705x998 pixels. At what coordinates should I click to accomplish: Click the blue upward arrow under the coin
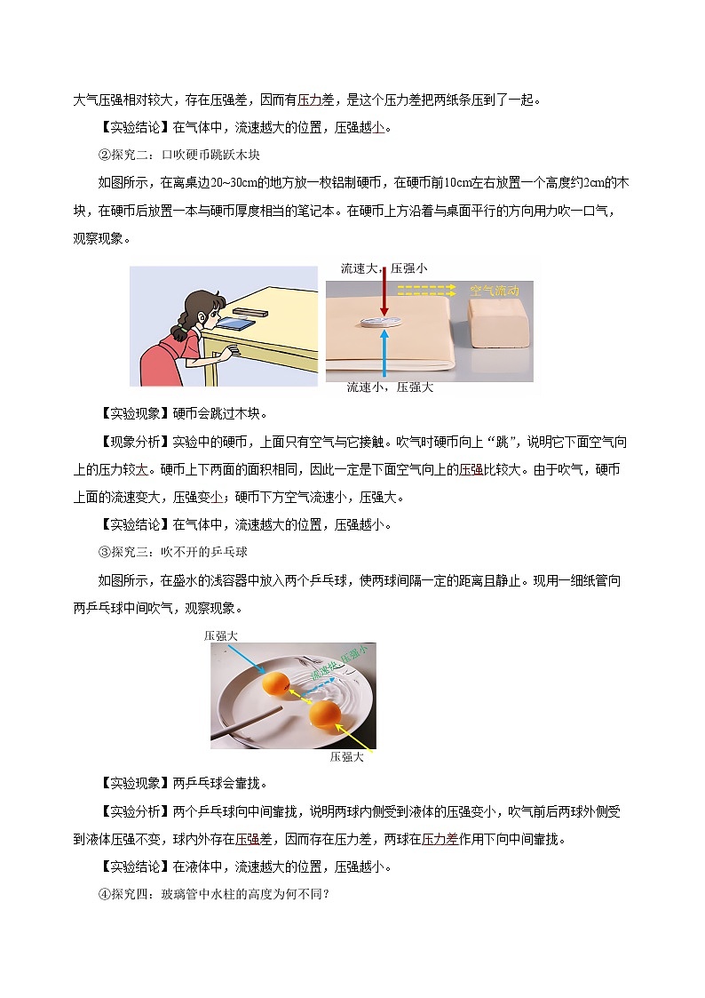pyautogui.click(x=383, y=356)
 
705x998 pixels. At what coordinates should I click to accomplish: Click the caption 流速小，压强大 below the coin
pyautogui.click(x=390, y=387)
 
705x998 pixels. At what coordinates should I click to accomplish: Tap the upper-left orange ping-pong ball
pyautogui.click(x=276, y=683)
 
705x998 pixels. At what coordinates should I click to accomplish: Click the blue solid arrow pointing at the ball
pyautogui.click(x=242, y=659)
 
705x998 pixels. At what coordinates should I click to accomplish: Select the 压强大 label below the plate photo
pyautogui.click(x=346, y=757)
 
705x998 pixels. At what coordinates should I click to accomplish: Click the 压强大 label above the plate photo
pyautogui.click(x=221, y=636)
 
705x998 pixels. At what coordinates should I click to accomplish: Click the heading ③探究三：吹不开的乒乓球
pyautogui.click(x=172, y=552)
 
